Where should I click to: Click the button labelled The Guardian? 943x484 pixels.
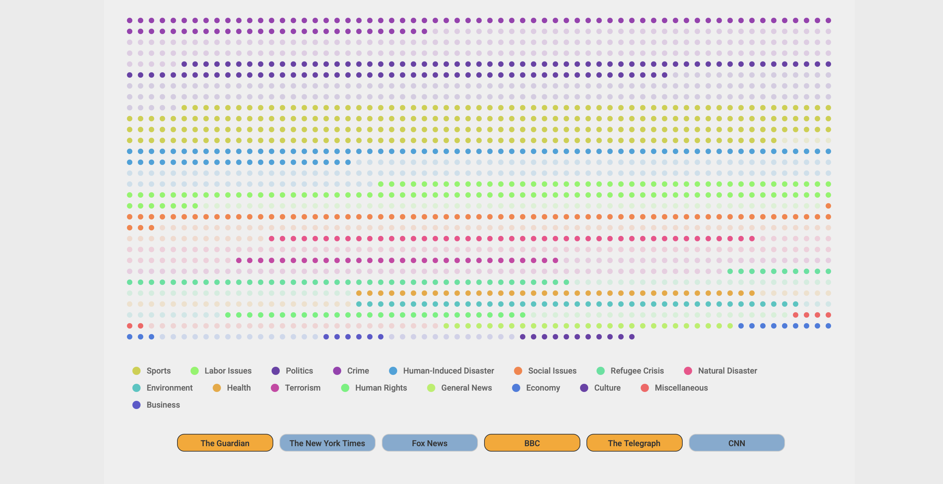point(225,443)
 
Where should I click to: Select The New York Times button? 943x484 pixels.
point(327,443)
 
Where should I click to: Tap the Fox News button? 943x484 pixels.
point(430,443)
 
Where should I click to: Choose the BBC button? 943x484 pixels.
point(532,443)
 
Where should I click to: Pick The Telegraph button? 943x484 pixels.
point(634,443)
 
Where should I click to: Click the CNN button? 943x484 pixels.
point(737,443)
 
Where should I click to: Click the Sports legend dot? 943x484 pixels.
point(136,371)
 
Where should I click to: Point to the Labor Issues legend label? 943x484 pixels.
point(228,371)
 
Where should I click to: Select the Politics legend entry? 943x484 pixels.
point(292,371)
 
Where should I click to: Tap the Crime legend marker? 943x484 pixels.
point(337,371)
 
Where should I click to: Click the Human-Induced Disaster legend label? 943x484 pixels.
point(448,371)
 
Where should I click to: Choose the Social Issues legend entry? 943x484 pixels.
point(545,371)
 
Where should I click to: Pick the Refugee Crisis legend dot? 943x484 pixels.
point(601,371)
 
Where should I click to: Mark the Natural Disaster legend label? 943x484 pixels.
point(727,371)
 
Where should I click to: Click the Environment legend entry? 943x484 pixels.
point(162,388)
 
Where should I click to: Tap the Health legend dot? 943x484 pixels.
point(217,388)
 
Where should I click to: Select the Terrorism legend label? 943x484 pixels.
point(303,388)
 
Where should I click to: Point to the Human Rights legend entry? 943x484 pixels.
point(374,388)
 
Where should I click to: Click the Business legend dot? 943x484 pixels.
point(136,405)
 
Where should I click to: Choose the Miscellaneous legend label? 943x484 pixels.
point(681,388)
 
